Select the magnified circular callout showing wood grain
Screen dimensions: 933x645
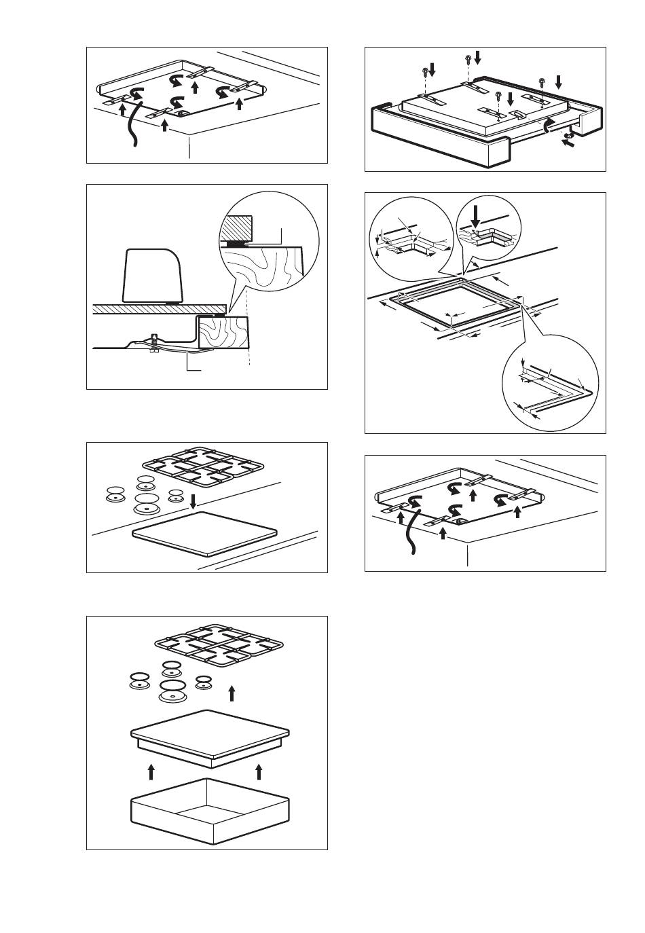pos(270,251)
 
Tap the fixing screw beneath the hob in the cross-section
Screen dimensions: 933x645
pos(155,343)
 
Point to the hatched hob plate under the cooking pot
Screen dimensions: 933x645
pos(160,308)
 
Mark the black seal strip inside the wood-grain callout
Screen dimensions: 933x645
pos(237,243)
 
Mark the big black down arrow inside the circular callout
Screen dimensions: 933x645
pos(477,216)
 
